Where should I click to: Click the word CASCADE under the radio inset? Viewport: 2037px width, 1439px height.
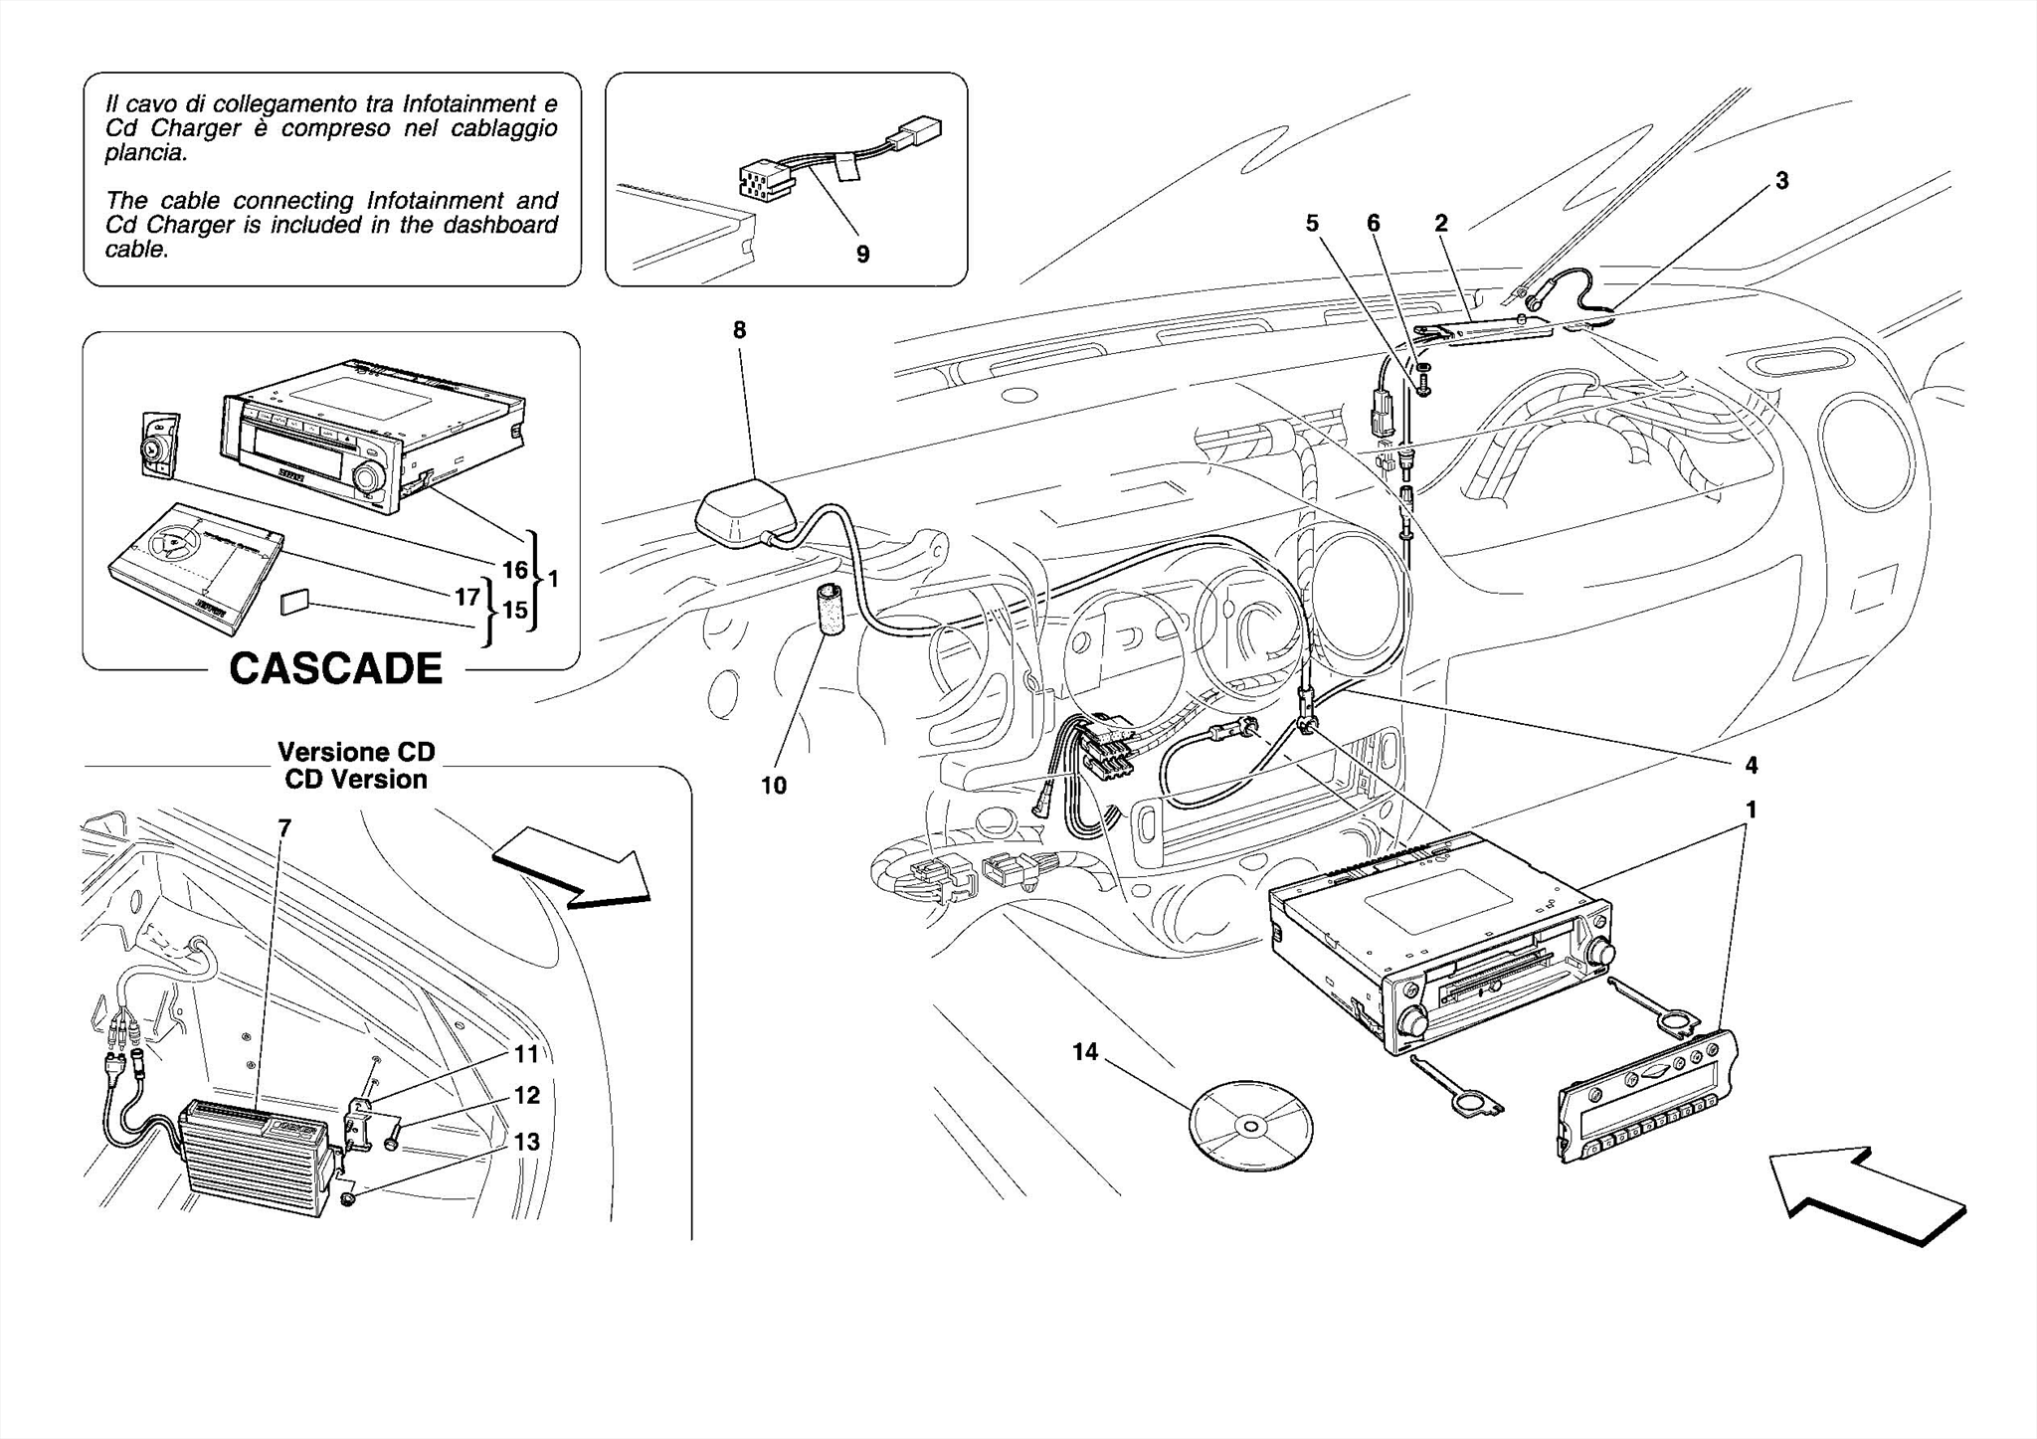[x=335, y=669]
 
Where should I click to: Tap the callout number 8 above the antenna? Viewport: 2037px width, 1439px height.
[x=739, y=330]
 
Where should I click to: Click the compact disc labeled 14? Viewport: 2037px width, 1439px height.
[x=1250, y=1125]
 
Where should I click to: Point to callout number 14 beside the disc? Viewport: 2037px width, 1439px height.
[x=1085, y=1051]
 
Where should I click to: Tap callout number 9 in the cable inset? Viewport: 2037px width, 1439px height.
[x=862, y=255]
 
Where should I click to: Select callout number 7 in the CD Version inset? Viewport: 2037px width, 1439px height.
[x=284, y=827]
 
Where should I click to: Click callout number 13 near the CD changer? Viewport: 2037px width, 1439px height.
[x=526, y=1142]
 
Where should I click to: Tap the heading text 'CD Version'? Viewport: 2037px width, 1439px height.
[x=355, y=780]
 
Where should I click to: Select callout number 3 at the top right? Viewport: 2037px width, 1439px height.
[x=1782, y=181]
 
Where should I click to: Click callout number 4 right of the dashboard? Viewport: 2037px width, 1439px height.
[x=1751, y=765]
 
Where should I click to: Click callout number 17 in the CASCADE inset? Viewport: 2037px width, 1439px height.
[x=467, y=597]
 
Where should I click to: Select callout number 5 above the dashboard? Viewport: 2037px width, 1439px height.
[x=1312, y=224]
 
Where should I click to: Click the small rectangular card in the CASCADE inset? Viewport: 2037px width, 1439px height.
[x=295, y=603]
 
